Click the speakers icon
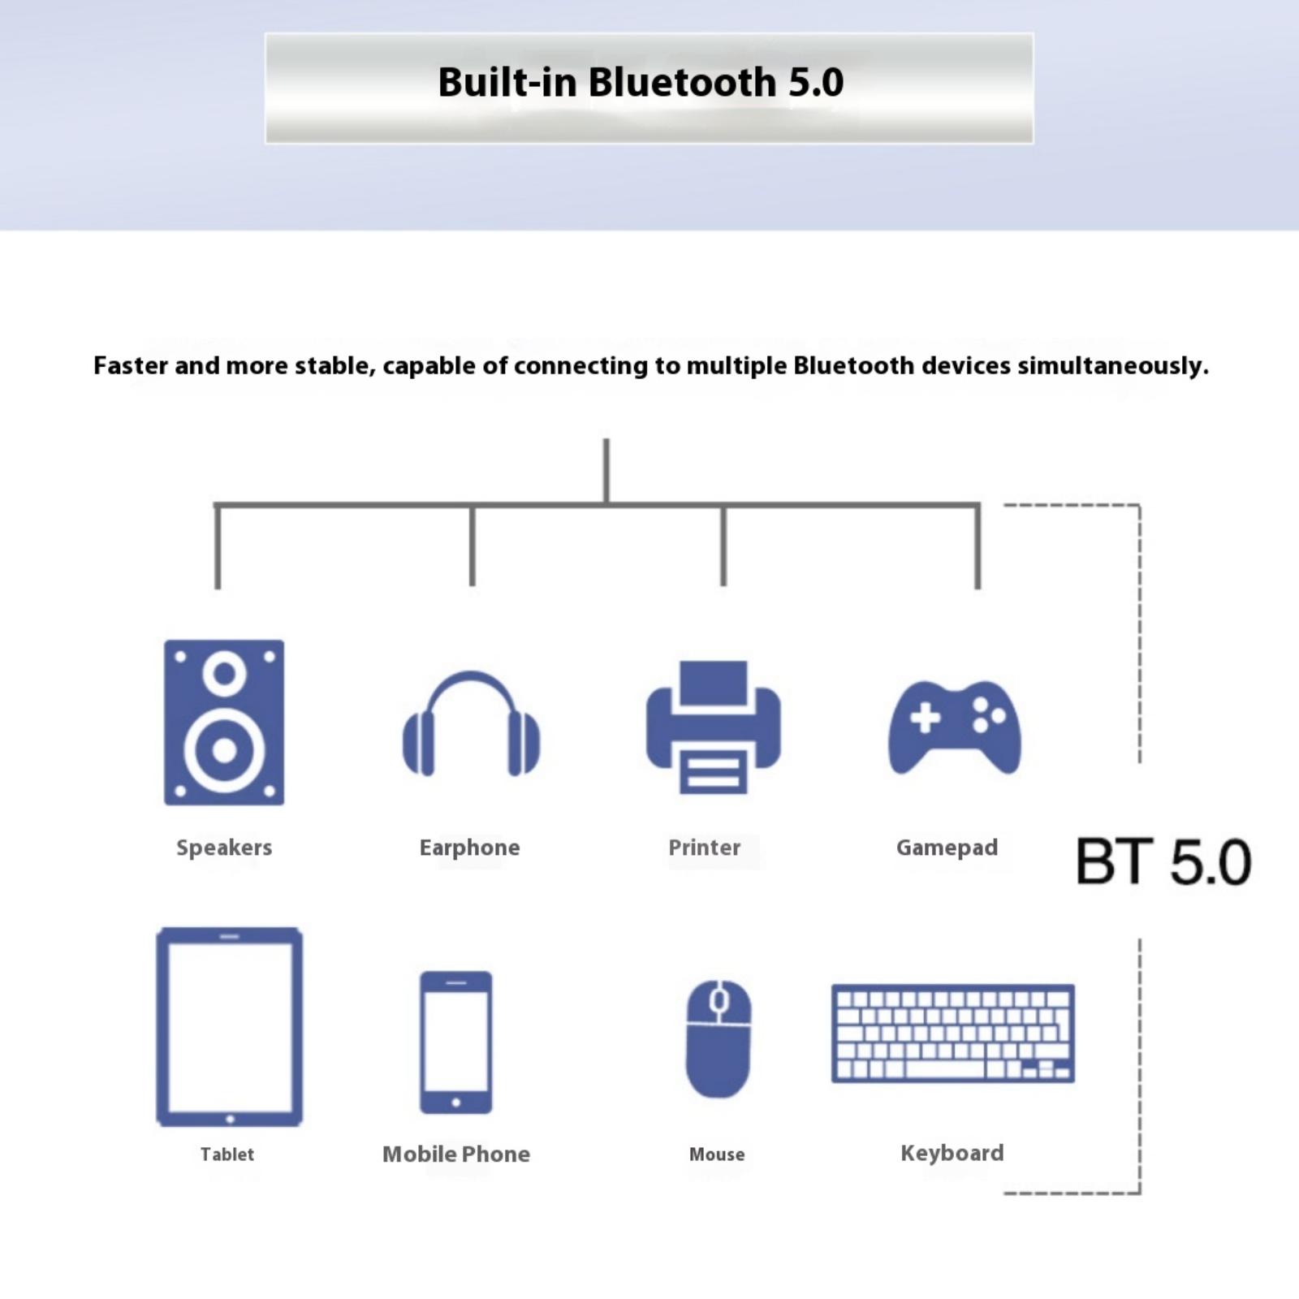(224, 723)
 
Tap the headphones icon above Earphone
(471, 723)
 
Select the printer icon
(714, 727)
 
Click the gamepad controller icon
(955, 727)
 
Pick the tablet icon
(229, 1027)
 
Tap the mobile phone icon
(455, 1042)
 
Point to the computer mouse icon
(719, 1038)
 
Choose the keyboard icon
(953, 1034)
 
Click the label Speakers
(224, 848)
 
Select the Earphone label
(469, 848)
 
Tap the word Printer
(704, 848)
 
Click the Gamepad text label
(947, 848)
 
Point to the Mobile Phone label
(456, 1154)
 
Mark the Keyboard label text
(952, 1153)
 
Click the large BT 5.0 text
(1163, 861)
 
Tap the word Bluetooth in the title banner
(682, 82)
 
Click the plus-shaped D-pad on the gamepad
(925, 718)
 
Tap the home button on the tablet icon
(230, 1119)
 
